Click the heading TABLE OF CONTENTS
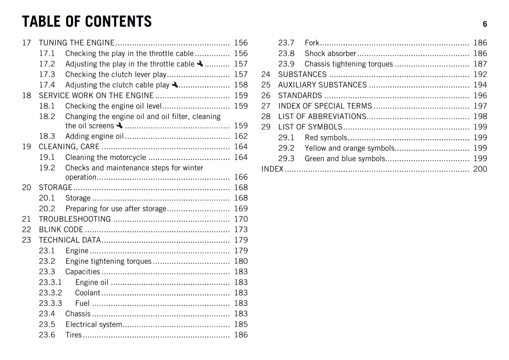pyautogui.click(x=87, y=22)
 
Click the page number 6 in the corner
pyautogui.click(x=485, y=24)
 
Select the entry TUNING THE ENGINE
pyautogui.click(x=76, y=43)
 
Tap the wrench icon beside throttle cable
pyautogui.click(x=200, y=64)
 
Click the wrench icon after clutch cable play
pyautogui.click(x=175, y=85)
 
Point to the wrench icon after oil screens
pyautogui.click(x=120, y=125)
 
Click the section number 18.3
pyautogui.click(x=47, y=136)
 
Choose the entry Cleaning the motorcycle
pyautogui.click(x=106, y=157)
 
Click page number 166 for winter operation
pyautogui.click(x=241, y=177)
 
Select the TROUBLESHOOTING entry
pyautogui.click(x=75, y=219)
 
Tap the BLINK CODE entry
pyautogui.click(x=61, y=230)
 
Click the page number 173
pyautogui.click(x=241, y=230)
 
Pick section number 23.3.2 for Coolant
pyautogui.click(x=50, y=293)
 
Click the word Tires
pyautogui.click(x=73, y=335)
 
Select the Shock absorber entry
pyautogui.click(x=330, y=53)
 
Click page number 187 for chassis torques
pyautogui.click(x=480, y=64)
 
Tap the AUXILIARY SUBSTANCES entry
pyautogui.click(x=322, y=85)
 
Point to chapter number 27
pyautogui.click(x=266, y=106)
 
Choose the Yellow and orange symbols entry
pyautogui.click(x=349, y=148)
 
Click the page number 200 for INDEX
pyautogui.click(x=480, y=169)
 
